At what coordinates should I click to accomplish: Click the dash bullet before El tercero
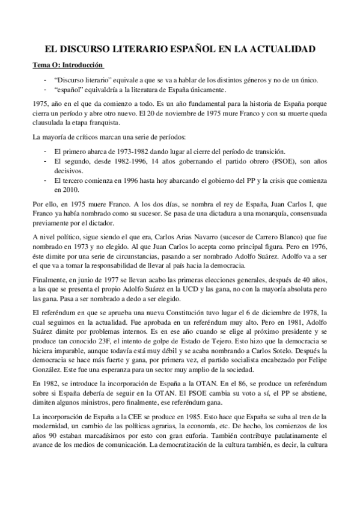pyautogui.click(x=46, y=180)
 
